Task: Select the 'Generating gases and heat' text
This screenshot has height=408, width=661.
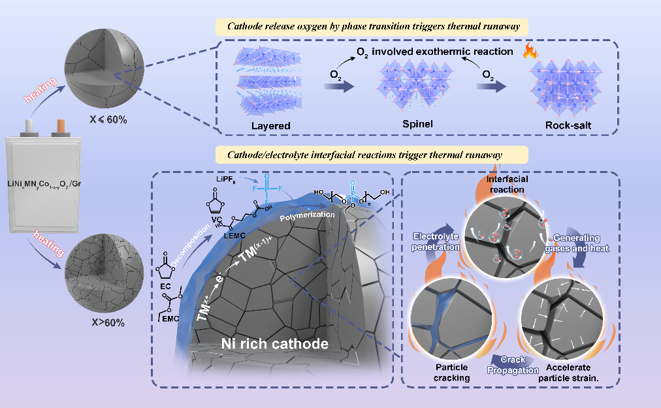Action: pos(579,243)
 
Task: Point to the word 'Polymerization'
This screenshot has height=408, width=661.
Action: pos(307,215)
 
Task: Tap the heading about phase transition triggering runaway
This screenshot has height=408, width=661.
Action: pos(373,27)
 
